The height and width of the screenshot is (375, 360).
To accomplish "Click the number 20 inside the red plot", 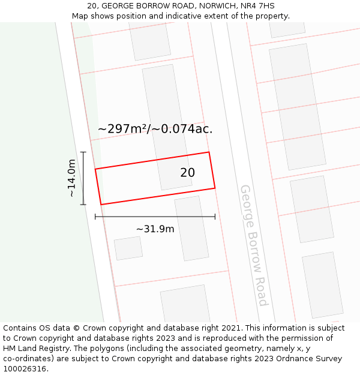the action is (x=187, y=173).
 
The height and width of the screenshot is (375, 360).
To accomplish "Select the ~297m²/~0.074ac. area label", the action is (x=155, y=128).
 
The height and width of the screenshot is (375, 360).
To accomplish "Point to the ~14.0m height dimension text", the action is (x=71, y=178).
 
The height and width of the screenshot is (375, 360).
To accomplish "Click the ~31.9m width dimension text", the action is (x=155, y=229).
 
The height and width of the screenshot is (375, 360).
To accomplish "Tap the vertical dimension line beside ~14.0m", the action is (x=83, y=178).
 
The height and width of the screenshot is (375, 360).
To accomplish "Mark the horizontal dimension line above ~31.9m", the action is (x=155, y=217).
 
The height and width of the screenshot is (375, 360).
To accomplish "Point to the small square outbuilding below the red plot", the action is (x=128, y=248).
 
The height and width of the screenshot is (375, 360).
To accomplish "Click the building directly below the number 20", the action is (x=192, y=228).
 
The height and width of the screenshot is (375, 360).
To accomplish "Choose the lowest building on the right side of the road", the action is (x=323, y=285).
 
